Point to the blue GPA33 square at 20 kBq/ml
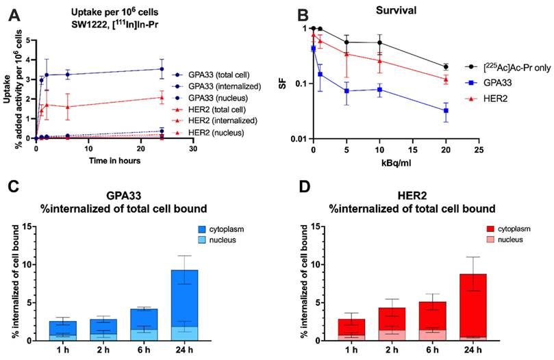[x=446, y=111]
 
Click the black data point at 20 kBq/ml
[x=446, y=67]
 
